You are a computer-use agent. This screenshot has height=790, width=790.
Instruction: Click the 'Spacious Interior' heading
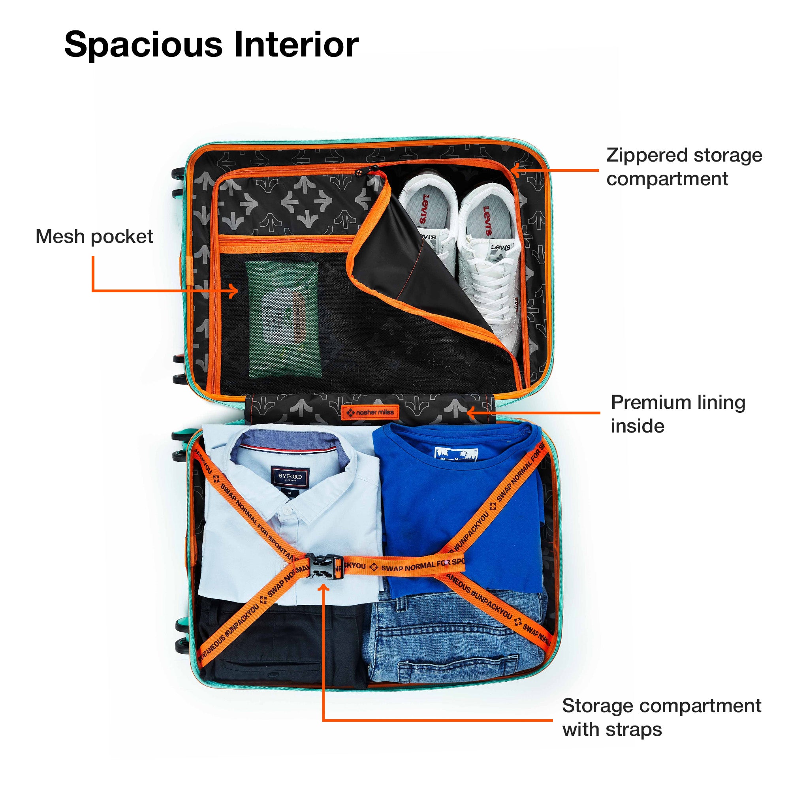(x=211, y=45)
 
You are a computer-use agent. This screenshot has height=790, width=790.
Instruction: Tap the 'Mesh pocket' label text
(x=94, y=236)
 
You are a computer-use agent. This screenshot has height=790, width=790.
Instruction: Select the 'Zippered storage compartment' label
(x=684, y=167)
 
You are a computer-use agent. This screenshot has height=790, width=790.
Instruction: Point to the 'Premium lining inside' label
(x=677, y=414)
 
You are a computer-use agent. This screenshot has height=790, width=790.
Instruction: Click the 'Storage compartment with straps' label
(x=661, y=717)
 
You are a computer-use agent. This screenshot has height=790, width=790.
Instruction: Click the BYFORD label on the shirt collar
(x=290, y=477)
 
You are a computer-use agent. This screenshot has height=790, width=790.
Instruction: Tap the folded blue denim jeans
(x=458, y=642)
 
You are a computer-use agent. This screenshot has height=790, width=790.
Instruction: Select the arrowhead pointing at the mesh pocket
(x=234, y=291)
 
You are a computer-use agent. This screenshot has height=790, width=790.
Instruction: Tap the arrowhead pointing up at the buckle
(x=324, y=588)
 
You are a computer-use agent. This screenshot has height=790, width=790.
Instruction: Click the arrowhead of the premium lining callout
(x=470, y=413)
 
